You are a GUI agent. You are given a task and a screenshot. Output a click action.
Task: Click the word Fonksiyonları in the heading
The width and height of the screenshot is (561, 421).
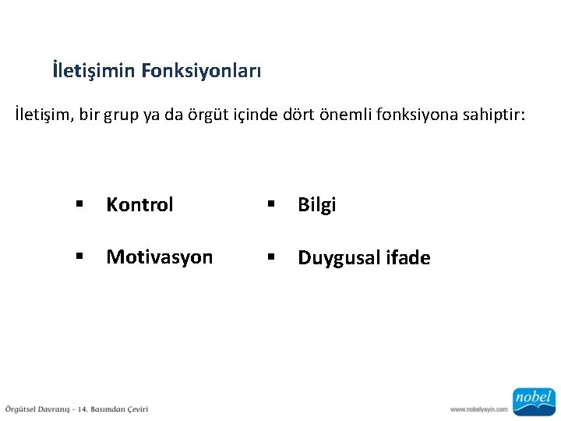202,72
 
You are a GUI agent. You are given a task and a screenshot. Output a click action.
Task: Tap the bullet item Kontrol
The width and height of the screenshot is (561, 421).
139,205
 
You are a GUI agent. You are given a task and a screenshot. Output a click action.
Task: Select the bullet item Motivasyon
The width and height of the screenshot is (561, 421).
159,257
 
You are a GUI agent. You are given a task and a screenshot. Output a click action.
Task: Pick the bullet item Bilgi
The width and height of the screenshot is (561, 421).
316,205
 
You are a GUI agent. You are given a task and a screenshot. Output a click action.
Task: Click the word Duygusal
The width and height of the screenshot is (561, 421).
339,258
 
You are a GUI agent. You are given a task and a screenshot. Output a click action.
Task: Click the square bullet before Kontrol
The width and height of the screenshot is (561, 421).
79,205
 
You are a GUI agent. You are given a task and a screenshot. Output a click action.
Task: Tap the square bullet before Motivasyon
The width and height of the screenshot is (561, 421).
79,257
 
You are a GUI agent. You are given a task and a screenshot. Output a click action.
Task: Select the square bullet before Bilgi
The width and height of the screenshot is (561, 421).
271,205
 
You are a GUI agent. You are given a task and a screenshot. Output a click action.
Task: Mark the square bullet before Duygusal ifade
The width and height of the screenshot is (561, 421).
271,257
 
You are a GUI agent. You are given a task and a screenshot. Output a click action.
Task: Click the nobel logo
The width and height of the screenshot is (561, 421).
533,400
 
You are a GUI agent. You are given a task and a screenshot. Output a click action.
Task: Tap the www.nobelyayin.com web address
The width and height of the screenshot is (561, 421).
478,409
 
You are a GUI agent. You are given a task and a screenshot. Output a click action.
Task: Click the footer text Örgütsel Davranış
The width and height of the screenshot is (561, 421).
38,409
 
